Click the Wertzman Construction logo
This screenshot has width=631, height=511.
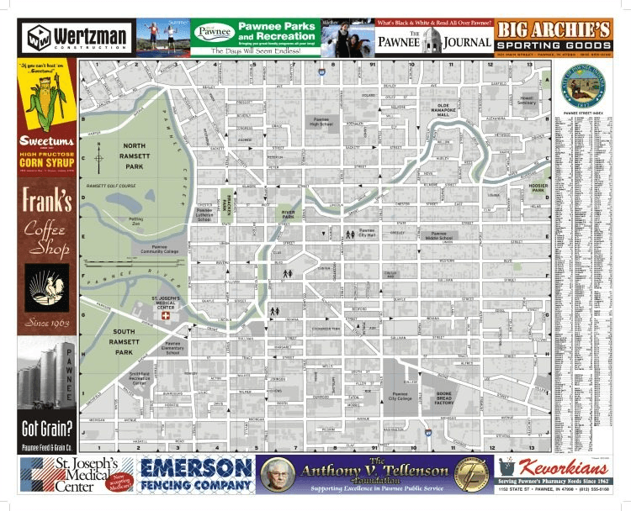(77, 36)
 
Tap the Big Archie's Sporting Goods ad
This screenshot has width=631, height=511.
(553, 36)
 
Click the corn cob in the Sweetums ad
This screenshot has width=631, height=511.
(41, 101)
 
